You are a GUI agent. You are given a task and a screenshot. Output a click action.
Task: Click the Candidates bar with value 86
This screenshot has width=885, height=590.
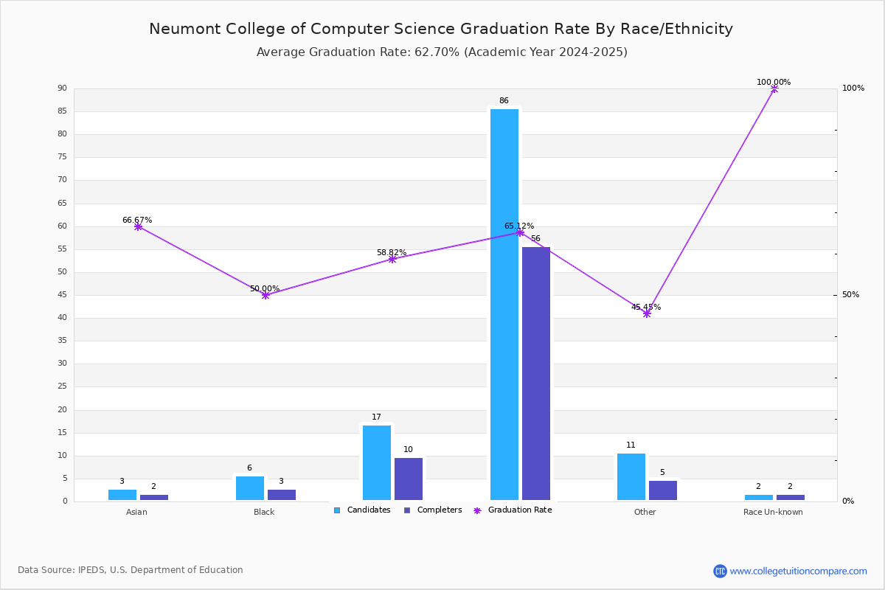504,304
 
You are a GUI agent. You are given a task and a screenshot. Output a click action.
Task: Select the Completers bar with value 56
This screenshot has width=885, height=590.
536,373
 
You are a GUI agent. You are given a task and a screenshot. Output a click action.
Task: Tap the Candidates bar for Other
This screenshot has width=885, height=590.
631,476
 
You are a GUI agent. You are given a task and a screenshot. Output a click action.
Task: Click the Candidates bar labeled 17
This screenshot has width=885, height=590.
377,462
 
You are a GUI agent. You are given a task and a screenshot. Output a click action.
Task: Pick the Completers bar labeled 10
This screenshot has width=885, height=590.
409,479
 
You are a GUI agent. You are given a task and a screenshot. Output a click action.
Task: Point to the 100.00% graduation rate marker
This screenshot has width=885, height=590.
774,88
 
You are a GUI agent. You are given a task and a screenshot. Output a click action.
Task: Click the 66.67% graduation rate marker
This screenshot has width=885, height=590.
138,227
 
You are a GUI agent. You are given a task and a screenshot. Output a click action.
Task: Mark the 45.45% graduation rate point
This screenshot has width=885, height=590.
647,313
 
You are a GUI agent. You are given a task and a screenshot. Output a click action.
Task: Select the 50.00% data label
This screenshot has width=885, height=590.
265,288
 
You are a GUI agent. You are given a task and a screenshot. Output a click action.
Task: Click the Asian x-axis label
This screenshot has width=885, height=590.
136,512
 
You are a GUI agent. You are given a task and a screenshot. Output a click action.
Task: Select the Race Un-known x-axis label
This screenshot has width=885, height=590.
773,512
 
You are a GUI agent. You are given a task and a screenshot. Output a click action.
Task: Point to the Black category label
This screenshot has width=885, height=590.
264,512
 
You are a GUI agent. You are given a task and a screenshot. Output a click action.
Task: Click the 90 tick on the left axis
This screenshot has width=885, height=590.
62,88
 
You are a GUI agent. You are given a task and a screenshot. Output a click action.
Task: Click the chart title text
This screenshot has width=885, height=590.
441,29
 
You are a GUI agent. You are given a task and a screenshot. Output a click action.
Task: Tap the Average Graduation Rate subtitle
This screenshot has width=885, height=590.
442,52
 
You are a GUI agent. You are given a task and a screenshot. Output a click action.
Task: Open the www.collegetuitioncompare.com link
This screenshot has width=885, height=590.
798,571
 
